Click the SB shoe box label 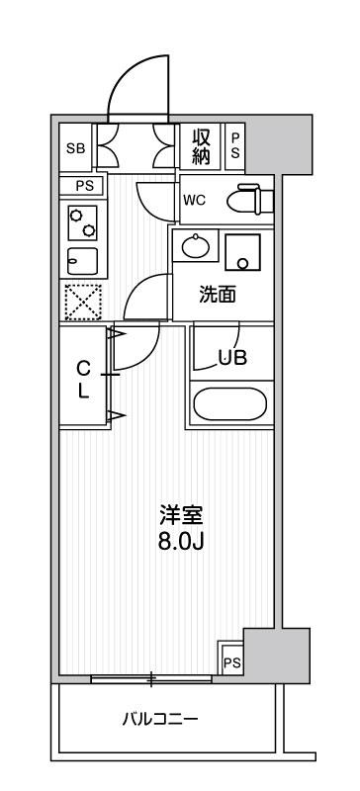(x=74, y=149)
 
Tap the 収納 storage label (x=201, y=146)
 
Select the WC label (x=195, y=198)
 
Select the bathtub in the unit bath (x=229, y=404)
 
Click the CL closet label (x=83, y=378)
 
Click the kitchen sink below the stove (x=82, y=260)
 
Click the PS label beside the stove (x=82, y=186)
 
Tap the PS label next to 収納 (x=235, y=147)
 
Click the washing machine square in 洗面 (x=241, y=252)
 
